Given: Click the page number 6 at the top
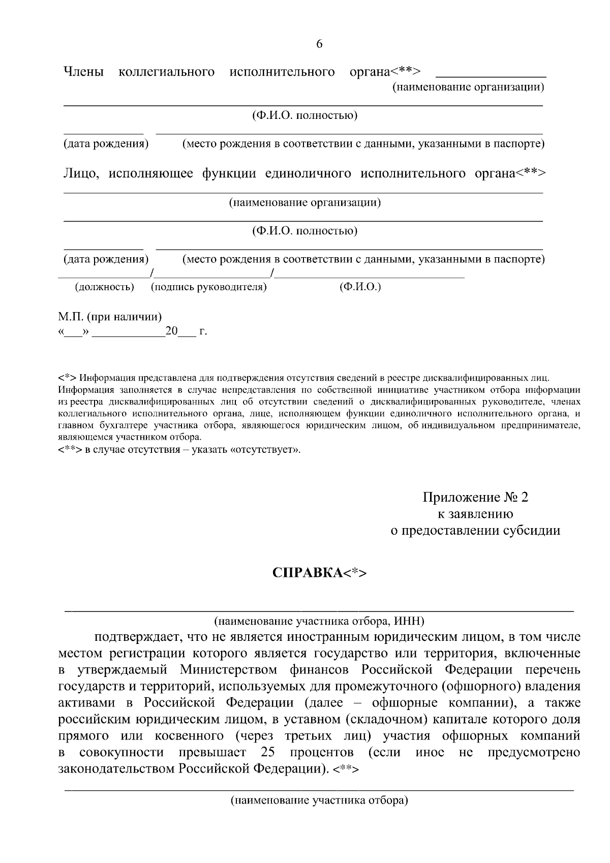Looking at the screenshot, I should pos(319,44).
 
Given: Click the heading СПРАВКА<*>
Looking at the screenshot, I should pos(319,572).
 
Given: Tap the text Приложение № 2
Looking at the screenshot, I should pos(475,497).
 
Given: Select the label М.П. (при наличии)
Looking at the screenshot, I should pos(110,317).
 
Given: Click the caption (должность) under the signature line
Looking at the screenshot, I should pos(105,287).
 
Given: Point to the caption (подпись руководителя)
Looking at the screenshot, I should pos(209,287).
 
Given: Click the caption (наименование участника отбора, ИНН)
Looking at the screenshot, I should pos(319,621).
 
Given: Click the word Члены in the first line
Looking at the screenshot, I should pos(83,72).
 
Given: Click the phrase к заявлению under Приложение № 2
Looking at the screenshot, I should pos(475,513).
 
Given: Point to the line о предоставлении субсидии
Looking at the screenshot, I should pos(475,530).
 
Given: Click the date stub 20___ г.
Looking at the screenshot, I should pos(186,332).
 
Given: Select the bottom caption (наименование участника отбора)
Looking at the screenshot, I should pos(319,801).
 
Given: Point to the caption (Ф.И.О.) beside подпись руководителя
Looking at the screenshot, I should pos(360,287).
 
